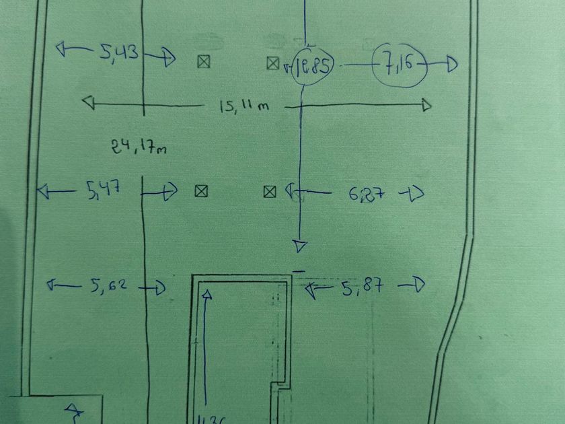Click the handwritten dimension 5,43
pos(119,52)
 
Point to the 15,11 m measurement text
pos(244,106)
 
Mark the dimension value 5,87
pos(363,287)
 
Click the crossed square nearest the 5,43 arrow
pos(204,62)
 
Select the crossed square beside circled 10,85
pos(272,63)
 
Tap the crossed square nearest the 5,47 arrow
pos(200,191)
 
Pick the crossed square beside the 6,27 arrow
pos(270,192)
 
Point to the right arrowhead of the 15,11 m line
pos(426,105)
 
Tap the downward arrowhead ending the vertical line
pos(301,246)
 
